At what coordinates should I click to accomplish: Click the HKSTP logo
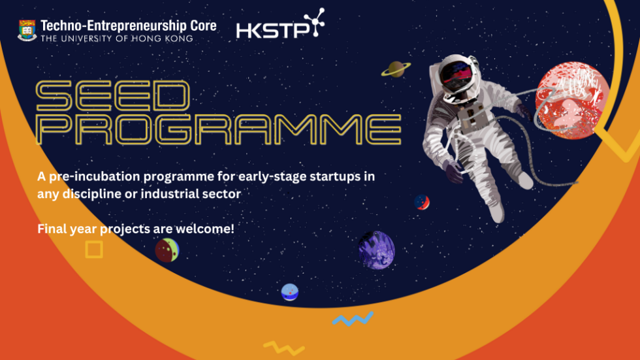point(280,24)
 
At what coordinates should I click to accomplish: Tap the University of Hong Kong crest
point(27,30)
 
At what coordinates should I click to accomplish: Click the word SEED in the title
point(113,95)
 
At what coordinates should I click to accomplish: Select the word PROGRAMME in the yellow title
point(219,129)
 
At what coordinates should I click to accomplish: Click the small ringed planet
point(396,69)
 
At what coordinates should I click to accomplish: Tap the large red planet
point(573,101)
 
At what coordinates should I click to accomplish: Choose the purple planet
point(376,250)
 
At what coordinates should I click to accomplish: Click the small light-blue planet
point(290,292)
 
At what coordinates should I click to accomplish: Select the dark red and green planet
point(167,250)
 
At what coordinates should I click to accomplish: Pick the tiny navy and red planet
point(422,202)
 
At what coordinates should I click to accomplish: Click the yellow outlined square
point(94,250)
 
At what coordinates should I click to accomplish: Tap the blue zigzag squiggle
point(353,318)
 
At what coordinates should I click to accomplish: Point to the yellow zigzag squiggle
point(283,348)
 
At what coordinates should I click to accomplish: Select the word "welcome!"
point(205,229)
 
